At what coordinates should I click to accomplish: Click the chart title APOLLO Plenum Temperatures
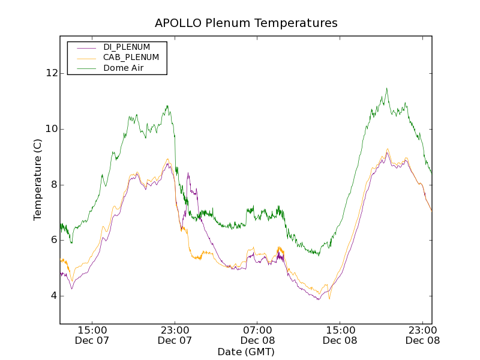246,23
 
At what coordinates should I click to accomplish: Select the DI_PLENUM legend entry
127,47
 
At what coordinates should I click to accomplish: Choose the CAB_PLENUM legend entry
131,58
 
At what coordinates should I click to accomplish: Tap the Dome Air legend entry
123,68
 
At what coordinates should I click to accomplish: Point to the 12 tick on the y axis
52,73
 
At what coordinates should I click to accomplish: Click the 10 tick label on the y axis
52,129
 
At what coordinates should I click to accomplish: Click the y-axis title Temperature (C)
38,179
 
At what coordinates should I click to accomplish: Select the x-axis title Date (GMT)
246,352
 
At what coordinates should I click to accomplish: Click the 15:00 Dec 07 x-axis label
92,335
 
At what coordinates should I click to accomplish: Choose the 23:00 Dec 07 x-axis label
175,335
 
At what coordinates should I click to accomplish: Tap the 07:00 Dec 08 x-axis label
258,335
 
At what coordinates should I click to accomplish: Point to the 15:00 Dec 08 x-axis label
340,335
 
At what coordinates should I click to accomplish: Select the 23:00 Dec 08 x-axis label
423,335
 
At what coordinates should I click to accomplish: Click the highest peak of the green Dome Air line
386,88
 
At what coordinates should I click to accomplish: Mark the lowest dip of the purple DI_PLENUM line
319,299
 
